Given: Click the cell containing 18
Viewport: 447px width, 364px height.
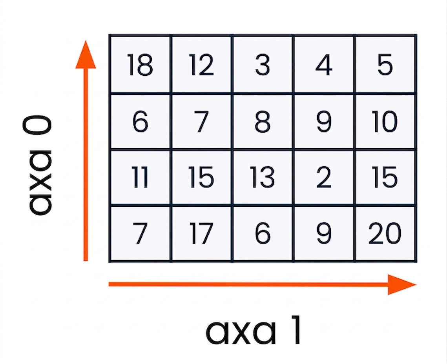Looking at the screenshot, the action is click(140, 64).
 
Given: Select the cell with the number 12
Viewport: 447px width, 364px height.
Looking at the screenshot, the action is click(202, 64).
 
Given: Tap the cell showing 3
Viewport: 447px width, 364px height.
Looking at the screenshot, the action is click(263, 64).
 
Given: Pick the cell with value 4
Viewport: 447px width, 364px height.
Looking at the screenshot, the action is click(324, 64).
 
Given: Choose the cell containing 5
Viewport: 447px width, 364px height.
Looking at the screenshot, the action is click(385, 64).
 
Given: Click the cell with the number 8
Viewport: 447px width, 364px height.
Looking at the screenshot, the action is click(263, 121).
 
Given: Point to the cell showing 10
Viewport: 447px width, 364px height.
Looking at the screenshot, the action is click(385, 121).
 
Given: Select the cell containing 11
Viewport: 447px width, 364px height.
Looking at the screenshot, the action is click(140, 177).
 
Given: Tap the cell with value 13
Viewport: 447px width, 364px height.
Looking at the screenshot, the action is click(263, 177).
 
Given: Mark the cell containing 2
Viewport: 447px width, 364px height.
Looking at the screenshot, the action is click(324, 177).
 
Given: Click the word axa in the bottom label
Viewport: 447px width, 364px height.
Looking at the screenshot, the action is click(241, 333).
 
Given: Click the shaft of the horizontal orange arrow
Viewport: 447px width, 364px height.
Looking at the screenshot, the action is click(248, 284).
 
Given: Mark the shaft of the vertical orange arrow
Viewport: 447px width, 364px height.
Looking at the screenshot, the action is click(86, 165).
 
